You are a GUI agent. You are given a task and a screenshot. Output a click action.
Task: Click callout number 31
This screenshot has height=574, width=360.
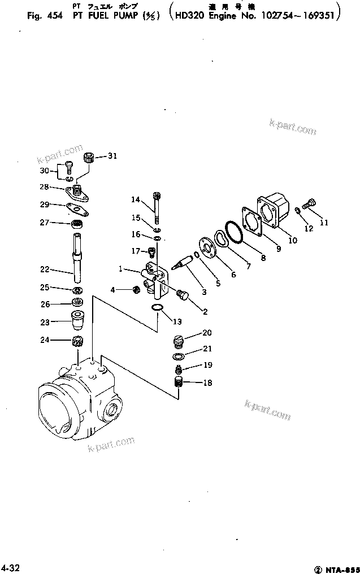point(112,156)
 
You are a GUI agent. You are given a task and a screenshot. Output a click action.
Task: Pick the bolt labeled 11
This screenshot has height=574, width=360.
point(310,202)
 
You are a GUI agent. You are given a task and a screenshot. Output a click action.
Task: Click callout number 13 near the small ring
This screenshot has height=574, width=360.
point(177,321)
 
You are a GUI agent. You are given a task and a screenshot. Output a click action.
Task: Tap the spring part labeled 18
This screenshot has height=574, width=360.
point(179,382)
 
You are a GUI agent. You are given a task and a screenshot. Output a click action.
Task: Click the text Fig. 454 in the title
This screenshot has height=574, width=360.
point(45,16)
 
